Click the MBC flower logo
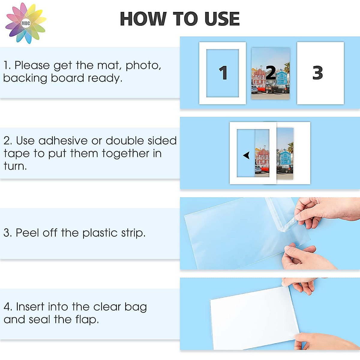coord(26,23)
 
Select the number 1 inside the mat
coord(223,73)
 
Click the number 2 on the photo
coord(271,73)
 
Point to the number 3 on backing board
coord(318,73)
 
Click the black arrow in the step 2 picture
coord(247,155)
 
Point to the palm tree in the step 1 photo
coord(287,67)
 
